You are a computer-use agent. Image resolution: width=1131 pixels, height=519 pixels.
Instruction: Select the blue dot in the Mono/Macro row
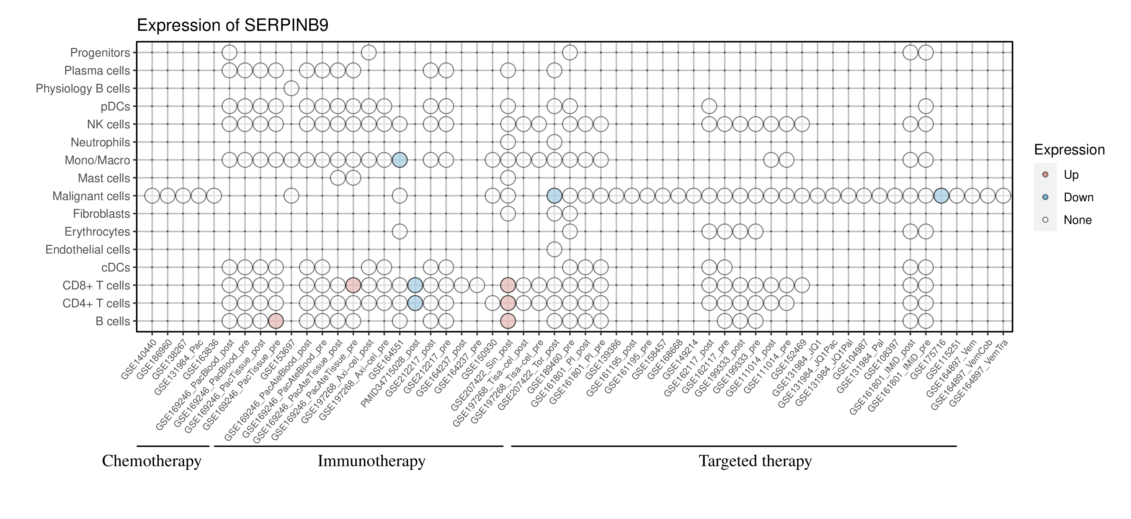400,160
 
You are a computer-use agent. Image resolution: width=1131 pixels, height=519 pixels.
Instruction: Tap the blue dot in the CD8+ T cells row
415,285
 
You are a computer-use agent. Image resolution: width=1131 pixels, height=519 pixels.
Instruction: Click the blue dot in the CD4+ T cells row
415,303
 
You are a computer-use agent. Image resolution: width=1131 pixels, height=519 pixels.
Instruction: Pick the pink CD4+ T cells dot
508,303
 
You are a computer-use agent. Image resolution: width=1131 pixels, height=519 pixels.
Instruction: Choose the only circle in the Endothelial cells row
554,250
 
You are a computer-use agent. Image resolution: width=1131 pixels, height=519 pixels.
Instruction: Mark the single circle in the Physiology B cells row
291,88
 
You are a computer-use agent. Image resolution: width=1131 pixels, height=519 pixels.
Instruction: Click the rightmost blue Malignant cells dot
941,196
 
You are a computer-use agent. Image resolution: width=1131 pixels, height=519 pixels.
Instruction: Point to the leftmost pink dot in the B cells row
276,321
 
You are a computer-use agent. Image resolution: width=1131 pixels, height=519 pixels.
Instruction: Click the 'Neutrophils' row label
100,142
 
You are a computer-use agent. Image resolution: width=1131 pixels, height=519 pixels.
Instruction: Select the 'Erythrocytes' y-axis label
97,232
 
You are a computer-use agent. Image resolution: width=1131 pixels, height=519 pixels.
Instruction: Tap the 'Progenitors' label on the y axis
100,53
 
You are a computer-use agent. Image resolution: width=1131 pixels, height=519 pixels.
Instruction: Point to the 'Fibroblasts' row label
101,214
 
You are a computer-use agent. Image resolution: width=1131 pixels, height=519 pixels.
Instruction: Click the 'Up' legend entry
1071,175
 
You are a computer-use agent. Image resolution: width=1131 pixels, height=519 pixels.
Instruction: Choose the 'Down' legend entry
1078,197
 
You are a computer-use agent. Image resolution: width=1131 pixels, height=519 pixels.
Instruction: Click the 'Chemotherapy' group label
151,461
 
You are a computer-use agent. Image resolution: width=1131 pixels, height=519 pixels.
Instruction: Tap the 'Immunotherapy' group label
371,461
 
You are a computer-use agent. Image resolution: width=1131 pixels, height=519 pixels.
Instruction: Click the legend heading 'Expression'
1069,150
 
